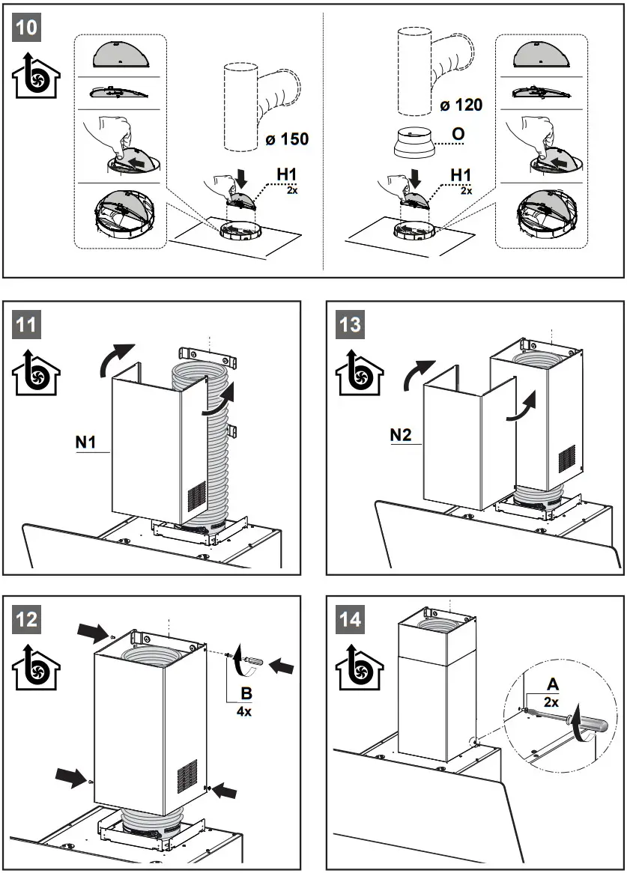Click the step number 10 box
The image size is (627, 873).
27,28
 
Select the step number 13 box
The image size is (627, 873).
351,324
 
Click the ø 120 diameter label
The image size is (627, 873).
461,106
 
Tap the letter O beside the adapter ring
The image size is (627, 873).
458,134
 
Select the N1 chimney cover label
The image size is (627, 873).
86,443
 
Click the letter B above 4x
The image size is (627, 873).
245,693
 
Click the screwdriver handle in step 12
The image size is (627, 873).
255,661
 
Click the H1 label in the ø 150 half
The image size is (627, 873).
287,174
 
